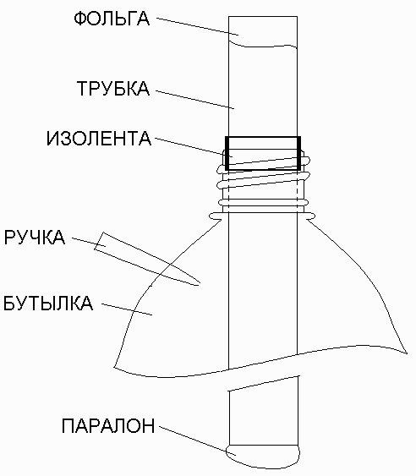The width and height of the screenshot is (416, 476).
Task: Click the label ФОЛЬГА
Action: click(112, 19)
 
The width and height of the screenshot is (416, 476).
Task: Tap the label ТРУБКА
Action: click(113, 89)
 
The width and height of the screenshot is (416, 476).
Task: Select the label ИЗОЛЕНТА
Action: click(99, 139)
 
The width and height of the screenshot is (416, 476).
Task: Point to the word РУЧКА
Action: click(35, 237)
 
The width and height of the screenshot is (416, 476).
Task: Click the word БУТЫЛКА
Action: click(48, 303)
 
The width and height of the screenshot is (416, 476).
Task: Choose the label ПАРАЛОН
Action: click(108, 425)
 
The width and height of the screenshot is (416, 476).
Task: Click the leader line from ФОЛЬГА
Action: click(197, 26)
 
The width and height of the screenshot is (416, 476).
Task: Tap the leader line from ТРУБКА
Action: click(195, 99)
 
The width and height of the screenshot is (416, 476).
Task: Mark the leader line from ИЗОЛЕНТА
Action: click(194, 148)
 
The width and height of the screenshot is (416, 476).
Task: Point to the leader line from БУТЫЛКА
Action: click(127, 309)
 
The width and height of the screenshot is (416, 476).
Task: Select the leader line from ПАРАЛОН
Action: click(198, 440)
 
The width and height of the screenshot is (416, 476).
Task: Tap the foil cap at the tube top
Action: click(263, 32)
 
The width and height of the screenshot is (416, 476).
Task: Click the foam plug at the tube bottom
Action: click(263, 457)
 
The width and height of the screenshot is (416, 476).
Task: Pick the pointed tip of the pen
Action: click(199, 284)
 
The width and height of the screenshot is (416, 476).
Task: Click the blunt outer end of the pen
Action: click(99, 241)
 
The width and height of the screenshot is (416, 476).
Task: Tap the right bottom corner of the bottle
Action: click(407, 353)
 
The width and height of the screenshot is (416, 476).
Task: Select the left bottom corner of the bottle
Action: click(114, 368)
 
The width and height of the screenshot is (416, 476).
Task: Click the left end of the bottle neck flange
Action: click(210, 216)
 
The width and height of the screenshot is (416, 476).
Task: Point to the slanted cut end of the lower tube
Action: click(264, 384)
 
